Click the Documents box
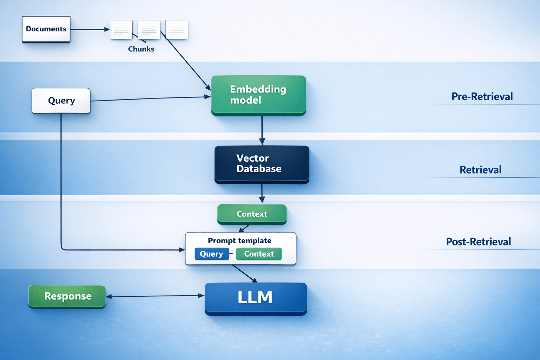click(46, 29)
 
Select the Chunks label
click(141, 49)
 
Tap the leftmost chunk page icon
click(121, 30)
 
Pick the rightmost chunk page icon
click(177, 30)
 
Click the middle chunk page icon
click(149, 30)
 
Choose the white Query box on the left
click(61, 101)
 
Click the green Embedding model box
click(258, 95)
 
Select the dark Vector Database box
click(262, 164)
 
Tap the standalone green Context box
click(252, 214)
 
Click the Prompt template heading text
click(239, 241)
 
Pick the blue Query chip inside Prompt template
click(211, 254)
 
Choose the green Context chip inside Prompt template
click(259, 254)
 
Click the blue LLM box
click(256, 298)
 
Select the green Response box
click(67, 296)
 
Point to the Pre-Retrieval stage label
click(482, 97)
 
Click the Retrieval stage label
click(480, 170)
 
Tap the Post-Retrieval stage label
click(478, 242)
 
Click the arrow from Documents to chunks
click(90, 30)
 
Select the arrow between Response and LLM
click(155, 296)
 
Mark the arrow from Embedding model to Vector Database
click(262, 130)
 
